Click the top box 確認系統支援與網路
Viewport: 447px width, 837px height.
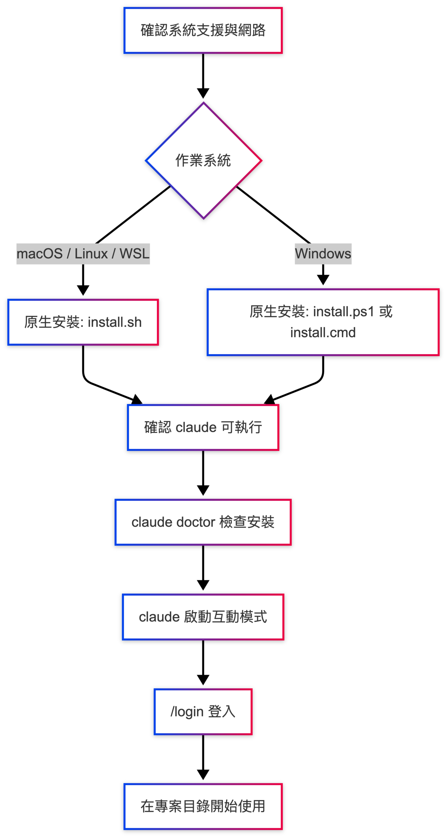(203, 30)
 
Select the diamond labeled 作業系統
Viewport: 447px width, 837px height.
(203, 160)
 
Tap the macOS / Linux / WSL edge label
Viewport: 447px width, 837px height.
(83, 253)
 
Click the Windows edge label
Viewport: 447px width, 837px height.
(323, 253)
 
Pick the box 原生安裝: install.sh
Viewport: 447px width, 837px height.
(83, 322)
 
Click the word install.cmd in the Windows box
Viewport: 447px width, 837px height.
(323, 333)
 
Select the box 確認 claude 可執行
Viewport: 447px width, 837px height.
(203, 427)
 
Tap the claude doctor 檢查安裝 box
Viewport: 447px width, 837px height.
(203, 522)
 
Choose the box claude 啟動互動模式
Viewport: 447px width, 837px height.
(203, 617)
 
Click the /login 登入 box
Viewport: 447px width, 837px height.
(203, 711)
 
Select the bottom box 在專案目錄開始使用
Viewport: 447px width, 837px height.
(203, 806)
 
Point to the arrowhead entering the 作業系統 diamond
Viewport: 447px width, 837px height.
(203, 93)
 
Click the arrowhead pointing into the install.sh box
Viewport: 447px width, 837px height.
(83, 290)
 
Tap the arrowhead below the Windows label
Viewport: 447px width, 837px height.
(323, 280)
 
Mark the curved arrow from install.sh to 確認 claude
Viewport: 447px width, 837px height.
(98, 386)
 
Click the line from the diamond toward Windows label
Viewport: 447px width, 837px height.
(273, 214)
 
